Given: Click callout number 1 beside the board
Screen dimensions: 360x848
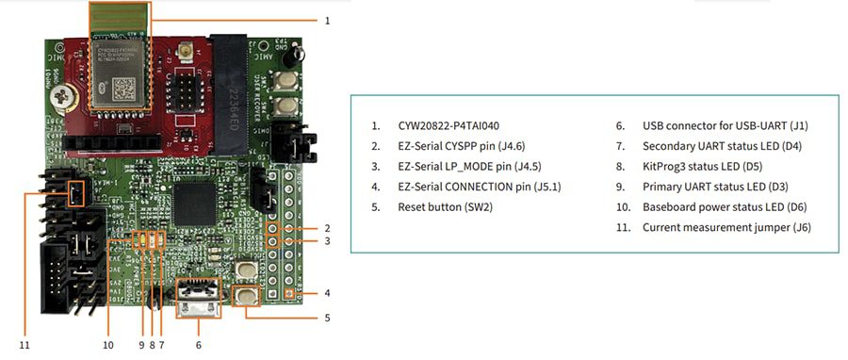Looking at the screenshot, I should pyautogui.click(x=326, y=19).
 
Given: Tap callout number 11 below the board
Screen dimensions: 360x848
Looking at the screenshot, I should pyautogui.click(x=25, y=345).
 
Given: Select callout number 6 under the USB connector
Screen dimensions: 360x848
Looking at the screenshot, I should pyautogui.click(x=199, y=345).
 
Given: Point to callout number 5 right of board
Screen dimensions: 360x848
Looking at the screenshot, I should pyautogui.click(x=326, y=318).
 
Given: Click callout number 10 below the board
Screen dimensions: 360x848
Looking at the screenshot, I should pyautogui.click(x=108, y=345).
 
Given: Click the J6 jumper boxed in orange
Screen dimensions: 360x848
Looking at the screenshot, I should pyautogui.click(x=73, y=194).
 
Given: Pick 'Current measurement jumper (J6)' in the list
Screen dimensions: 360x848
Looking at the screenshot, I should pyautogui.click(x=726, y=227).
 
